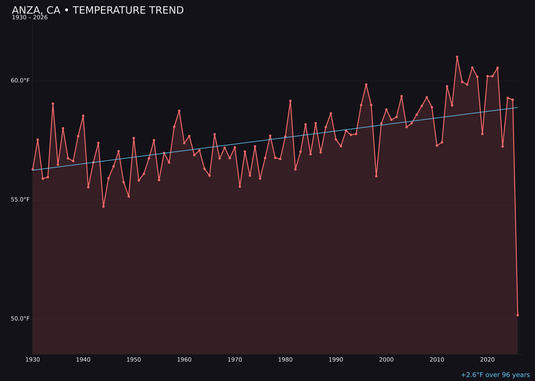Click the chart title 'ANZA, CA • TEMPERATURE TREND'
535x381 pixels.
point(98,10)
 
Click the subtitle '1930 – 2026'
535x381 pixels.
point(30,18)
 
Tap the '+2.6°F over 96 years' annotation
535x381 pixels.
point(495,375)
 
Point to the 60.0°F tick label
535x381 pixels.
point(20,80)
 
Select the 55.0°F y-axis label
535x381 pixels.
point(20,199)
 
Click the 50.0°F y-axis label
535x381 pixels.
point(20,318)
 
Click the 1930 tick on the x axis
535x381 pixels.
point(33,360)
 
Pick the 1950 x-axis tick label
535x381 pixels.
point(134,360)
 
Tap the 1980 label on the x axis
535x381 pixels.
point(285,360)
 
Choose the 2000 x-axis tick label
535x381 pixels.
point(386,360)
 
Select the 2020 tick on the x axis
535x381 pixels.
point(487,360)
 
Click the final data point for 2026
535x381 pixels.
point(518,315)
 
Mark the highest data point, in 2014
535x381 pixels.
point(457,57)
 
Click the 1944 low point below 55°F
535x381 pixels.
point(104,206)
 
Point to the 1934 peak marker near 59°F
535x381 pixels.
point(53,104)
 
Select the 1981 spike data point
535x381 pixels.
point(290,101)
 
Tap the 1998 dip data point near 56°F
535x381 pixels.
point(376,176)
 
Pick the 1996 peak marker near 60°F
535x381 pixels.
point(366,85)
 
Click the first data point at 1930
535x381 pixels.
point(33,169)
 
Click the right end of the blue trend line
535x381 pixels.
point(517,108)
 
